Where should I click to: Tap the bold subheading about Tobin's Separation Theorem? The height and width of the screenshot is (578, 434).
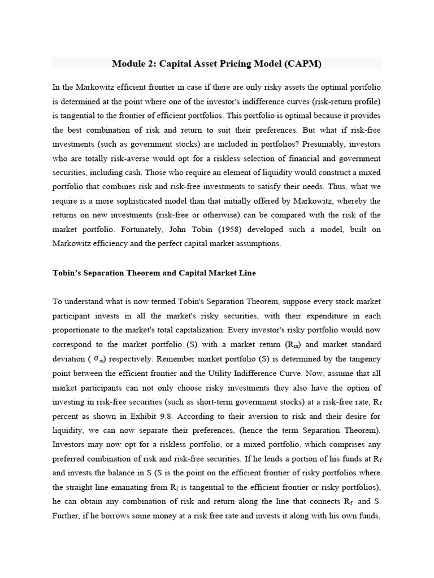[x=154, y=273]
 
